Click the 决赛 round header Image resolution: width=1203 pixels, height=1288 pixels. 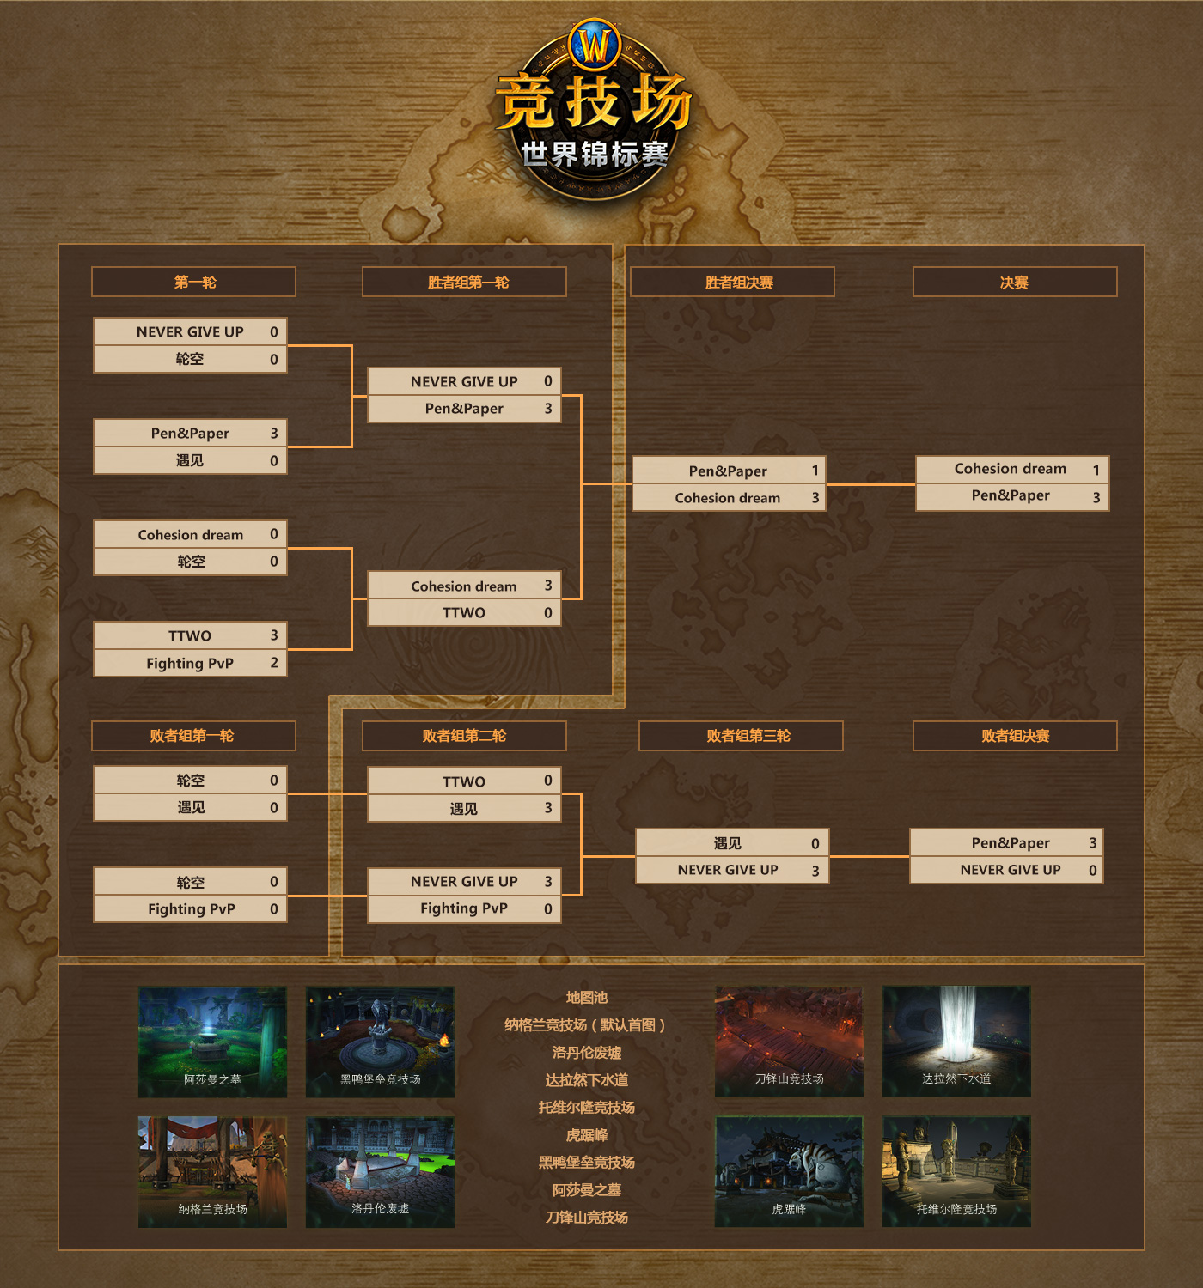(1014, 283)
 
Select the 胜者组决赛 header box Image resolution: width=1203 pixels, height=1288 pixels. (732, 283)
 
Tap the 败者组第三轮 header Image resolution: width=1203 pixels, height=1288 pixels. (741, 736)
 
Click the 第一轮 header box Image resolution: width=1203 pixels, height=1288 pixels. (193, 283)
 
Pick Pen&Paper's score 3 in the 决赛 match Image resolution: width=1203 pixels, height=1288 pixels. (1096, 497)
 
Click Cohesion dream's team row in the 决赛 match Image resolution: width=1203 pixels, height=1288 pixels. (1011, 469)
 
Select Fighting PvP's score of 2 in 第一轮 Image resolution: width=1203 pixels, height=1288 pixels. (274, 663)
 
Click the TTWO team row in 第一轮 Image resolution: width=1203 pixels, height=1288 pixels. (190, 635)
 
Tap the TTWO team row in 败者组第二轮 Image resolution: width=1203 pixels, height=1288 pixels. (464, 781)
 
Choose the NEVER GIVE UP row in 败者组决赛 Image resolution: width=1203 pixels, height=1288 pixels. (1006, 870)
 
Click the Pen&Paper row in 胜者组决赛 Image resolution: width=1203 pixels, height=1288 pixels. (728, 471)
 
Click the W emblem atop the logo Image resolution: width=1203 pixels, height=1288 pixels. (595, 44)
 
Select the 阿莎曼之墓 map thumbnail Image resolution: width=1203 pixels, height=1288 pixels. (212, 1042)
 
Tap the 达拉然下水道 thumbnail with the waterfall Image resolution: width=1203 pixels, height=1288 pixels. (956, 1041)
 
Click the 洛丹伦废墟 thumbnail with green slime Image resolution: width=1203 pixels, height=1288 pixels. (380, 1171)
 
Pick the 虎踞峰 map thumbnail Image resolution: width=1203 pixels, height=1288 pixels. (789, 1171)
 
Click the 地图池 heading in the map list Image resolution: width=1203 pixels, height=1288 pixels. (587, 998)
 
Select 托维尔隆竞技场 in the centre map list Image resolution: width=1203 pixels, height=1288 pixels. (587, 1108)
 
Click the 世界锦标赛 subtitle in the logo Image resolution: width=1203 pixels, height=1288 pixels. (595, 155)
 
